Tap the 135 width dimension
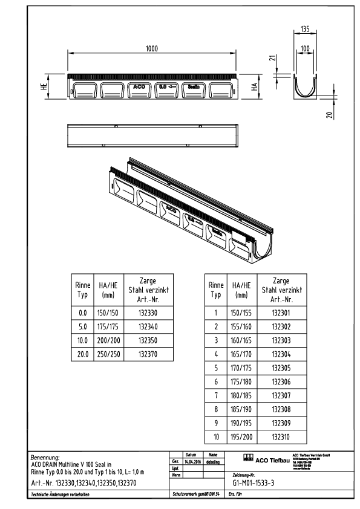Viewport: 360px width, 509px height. (306, 28)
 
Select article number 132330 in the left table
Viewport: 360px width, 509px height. (148, 314)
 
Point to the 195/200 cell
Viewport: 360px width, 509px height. (241, 436)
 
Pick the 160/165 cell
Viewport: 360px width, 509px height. (241, 340)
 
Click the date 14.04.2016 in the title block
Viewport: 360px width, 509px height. (192, 461)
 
